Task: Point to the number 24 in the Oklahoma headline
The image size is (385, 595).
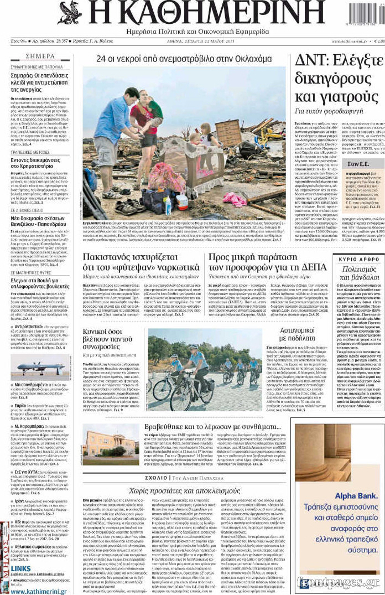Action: click(102, 59)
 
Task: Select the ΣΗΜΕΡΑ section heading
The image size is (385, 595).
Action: click(40, 56)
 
